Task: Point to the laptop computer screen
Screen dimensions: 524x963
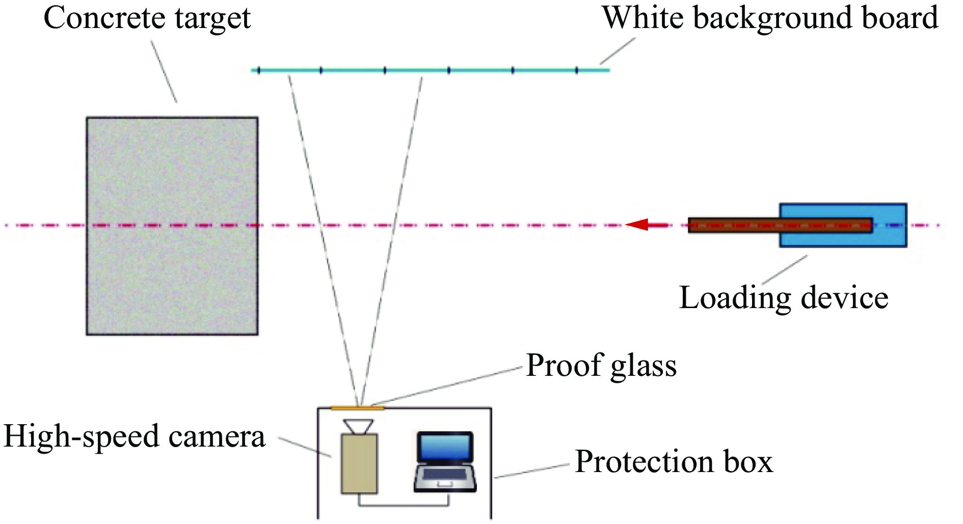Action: pyautogui.click(x=445, y=447)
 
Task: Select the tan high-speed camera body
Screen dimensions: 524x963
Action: pyautogui.click(x=359, y=463)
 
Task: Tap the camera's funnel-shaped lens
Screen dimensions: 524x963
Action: pyautogui.click(x=358, y=426)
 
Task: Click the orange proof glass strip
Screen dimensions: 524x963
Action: pyautogui.click(x=357, y=408)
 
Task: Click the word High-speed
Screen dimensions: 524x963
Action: pyautogui.click(x=82, y=437)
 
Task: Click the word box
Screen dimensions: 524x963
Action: pyautogui.click(x=749, y=462)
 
